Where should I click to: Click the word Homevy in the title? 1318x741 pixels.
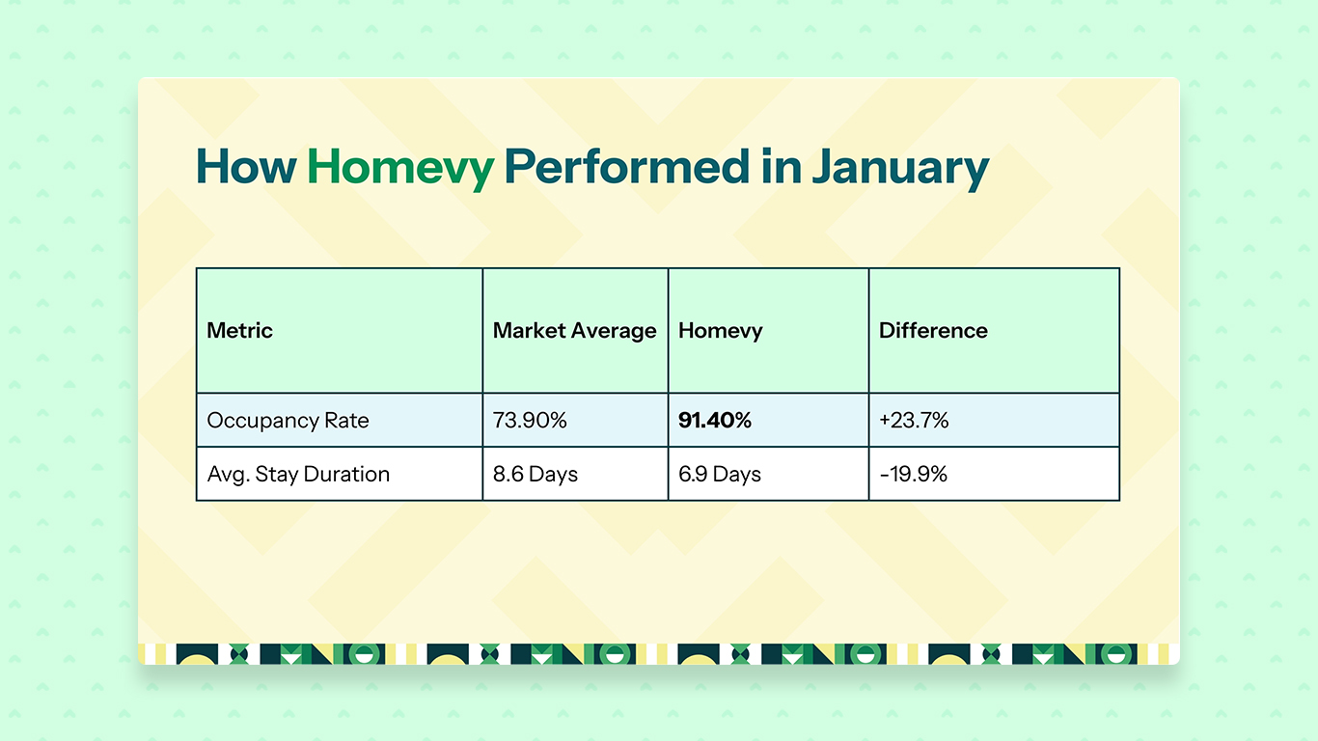399,167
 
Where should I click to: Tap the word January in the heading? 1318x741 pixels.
899,167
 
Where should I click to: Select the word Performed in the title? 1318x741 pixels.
625,167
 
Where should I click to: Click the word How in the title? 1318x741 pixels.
245,167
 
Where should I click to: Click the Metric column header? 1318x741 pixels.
240,330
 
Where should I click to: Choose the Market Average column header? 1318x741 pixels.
574,330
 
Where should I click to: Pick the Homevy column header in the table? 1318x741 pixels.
721,330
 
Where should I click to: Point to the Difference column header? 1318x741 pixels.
933,330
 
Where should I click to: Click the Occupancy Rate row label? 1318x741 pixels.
288,421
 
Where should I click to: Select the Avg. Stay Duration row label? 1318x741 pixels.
298,474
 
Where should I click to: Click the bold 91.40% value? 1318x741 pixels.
715,421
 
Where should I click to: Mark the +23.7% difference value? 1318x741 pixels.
914,421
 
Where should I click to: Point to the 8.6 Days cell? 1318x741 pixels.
535,474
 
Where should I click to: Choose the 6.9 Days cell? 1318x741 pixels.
720,474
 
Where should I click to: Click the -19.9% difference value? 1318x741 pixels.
913,474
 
